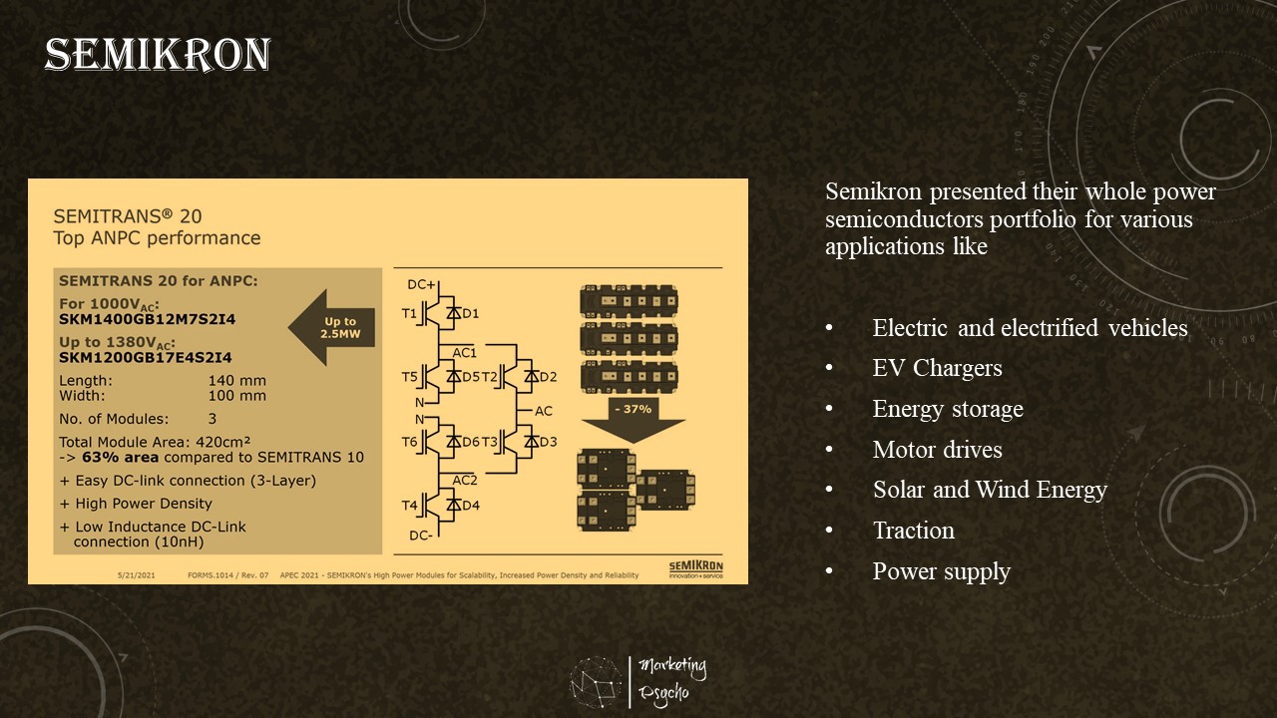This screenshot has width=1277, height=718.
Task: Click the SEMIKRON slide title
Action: tap(158, 56)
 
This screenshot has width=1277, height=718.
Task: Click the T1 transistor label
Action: tap(410, 314)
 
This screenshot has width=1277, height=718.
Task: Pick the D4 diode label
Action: tap(471, 506)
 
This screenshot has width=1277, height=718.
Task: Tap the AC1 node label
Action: tap(465, 353)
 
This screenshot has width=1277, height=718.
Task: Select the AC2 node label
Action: tap(465, 480)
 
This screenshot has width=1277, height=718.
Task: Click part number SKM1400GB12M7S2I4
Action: tap(148, 319)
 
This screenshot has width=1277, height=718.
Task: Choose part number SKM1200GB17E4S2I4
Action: tap(146, 357)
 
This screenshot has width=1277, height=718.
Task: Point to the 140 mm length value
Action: tap(236, 381)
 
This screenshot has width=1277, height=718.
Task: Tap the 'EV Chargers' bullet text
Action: tap(937, 368)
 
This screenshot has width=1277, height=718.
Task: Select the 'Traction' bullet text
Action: tap(913, 531)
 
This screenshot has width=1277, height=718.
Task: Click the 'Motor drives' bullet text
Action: tap(937, 450)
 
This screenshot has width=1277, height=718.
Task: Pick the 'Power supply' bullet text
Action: tap(941, 571)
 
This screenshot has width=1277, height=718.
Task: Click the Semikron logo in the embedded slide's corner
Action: tap(695, 568)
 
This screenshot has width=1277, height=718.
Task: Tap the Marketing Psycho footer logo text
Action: tap(671, 678)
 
